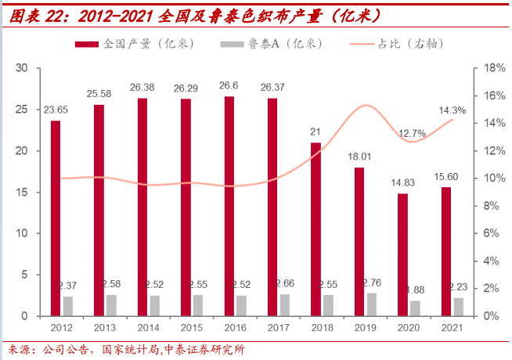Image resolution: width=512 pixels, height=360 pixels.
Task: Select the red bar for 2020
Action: (402, 254)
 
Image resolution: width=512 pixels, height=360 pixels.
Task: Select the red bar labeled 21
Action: (315, 229)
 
